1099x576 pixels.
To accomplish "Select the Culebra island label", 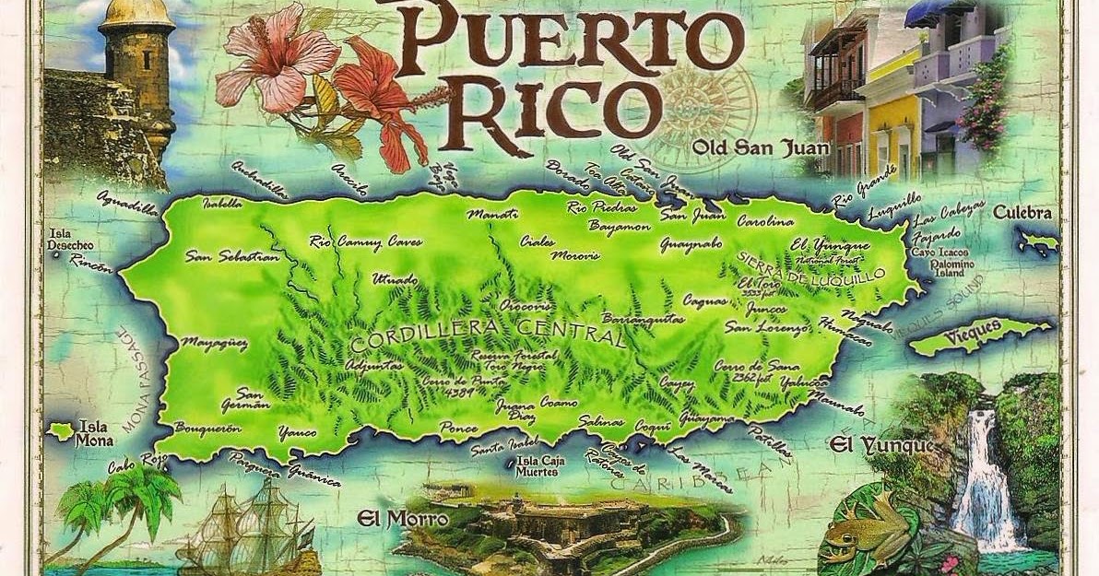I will (x=1022, y=213).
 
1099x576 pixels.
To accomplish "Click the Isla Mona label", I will (x=94, y=431).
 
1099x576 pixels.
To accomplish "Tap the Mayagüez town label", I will (x=213, y=344).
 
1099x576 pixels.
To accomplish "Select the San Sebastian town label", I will (x=231, y=257).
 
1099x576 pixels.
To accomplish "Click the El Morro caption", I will (x=403, y=519).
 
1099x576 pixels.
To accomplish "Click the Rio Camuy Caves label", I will (x=365, y=242).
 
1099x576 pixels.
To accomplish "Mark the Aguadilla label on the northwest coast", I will (x=127, y=202).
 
